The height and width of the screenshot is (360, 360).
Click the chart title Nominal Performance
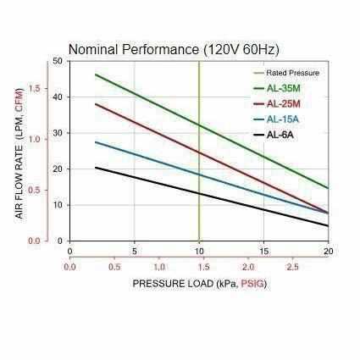(x=173, y=49)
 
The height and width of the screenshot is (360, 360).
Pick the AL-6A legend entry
(x=280, y=135)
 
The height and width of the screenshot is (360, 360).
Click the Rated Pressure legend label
(x=292, y=73)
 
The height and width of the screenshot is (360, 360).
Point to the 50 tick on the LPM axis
(x=57, y=61)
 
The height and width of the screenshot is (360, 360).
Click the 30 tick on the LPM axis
(x=57, y=133)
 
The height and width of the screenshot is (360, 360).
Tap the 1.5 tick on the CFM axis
(x=35, y=88)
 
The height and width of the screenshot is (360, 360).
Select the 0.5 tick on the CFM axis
(x=35, y=190)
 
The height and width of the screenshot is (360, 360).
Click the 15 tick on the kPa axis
(x=263, y=251)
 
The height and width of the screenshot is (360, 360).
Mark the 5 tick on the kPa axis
(x=134, y=251)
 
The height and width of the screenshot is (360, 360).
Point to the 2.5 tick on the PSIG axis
(x=292, y=266)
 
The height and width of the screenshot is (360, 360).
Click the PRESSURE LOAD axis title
(x=199, y=283)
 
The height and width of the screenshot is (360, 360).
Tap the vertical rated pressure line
(x=199, y=203)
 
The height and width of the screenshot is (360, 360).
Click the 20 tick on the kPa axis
(x=328, y=251)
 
